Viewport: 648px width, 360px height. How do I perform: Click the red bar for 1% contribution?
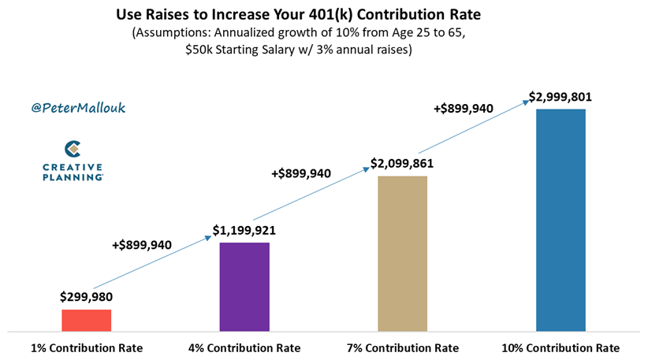86,321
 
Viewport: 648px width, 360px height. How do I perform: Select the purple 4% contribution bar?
244,287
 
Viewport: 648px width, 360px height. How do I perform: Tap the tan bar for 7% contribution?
402,254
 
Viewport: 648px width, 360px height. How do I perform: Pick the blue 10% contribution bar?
560,221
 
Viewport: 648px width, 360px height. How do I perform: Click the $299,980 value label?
87,297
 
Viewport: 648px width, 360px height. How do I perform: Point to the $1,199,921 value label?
244,231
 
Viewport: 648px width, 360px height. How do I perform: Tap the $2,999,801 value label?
560,98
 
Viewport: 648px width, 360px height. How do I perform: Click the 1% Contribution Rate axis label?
87,347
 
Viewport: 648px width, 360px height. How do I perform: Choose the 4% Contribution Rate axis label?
244,347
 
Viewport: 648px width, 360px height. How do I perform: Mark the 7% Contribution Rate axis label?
403,347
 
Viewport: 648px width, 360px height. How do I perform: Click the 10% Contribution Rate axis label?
560,347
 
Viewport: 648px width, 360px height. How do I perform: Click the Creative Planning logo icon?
73,148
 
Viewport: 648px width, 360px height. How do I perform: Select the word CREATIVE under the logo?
73,167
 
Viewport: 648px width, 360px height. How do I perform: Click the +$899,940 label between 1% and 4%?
142,245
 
